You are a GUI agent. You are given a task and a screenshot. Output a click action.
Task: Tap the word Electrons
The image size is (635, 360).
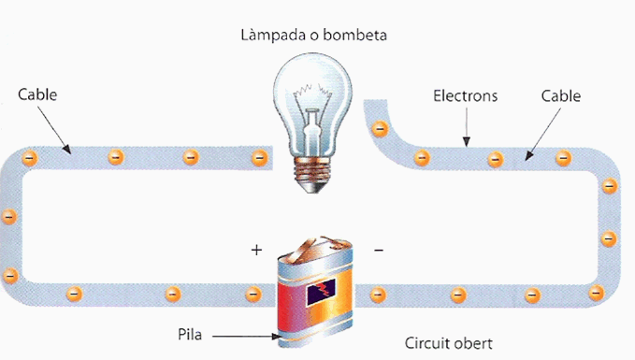[x=466, y=96]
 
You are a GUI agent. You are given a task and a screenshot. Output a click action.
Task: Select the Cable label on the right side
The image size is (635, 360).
[x=561, y=96]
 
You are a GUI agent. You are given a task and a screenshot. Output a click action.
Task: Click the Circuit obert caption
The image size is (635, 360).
[x=448, y=341]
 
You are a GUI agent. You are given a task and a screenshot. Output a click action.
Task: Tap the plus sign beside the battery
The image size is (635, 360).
[x=255, y=251]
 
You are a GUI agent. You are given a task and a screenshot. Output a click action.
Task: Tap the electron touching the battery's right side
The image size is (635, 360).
[x=378, y=294]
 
